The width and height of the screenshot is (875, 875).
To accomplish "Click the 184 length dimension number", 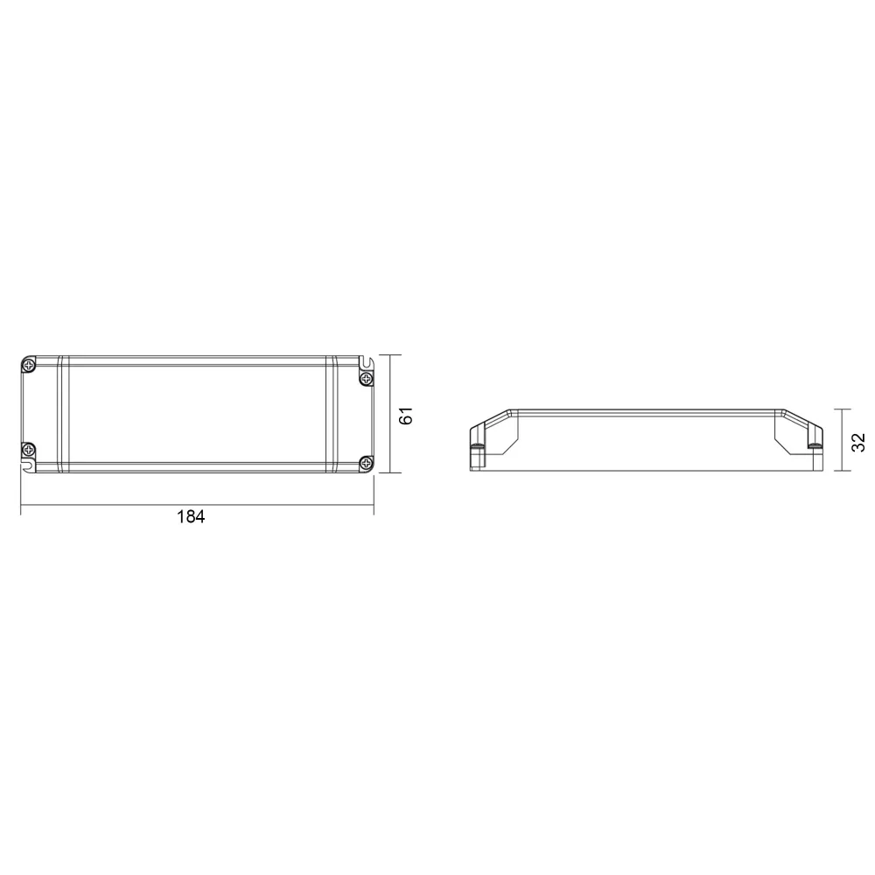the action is pyautogui.click(x=191, y=517).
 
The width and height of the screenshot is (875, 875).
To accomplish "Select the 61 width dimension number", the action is pyautogui.click(x=406, y=415).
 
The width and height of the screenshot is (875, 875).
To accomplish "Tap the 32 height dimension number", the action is pyautogui.click(x=857, y=442).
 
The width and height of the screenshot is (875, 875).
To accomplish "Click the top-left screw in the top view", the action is pyautogui.click(x=29, y=366).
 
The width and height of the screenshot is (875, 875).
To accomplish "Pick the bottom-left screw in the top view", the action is pyautogui.click(x=29, y=449).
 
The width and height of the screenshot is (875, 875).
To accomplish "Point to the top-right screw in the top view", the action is pyautogui.click(x=366, y=380).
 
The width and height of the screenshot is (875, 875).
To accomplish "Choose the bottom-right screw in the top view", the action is pyautogui.click(x=366, y=462).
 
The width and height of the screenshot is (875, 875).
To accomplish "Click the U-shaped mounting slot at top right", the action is pyautogui.click(x=366, y=362).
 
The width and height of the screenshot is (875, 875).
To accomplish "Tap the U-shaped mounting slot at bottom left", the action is pyautogui.click(x=29, y=465).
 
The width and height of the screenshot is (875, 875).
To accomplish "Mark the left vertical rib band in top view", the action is pyautogui.click(x=62, y=414).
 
